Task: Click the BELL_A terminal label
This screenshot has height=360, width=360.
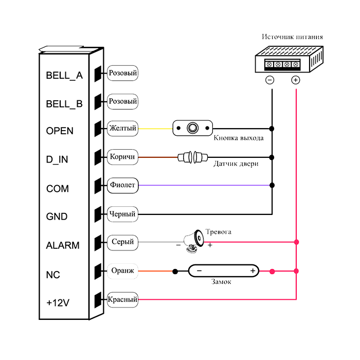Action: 64,76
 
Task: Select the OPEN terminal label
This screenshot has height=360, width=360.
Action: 60,131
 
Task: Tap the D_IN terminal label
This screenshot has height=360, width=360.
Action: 57,160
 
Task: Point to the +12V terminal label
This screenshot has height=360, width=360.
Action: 58,303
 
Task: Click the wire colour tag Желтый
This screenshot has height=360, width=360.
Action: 123,128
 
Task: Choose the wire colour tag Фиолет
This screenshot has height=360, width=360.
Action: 123,185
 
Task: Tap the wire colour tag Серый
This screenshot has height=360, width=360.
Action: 123,242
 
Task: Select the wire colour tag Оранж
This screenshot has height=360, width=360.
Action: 123,271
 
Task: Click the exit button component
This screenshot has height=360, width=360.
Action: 192,128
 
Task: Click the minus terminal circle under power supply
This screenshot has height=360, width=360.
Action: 269,80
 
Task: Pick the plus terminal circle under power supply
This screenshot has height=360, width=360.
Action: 295,80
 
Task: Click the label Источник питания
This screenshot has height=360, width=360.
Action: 292,37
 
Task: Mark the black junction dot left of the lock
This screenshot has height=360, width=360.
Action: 175,271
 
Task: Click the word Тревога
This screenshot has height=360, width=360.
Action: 218,232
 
